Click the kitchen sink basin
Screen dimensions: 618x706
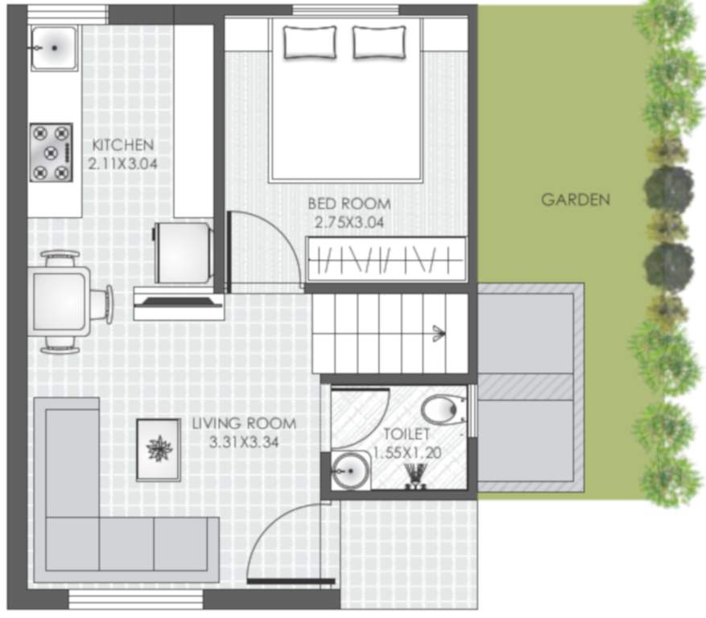[x=55, y=47]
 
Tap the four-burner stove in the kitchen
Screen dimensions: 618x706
[x=51, y=151]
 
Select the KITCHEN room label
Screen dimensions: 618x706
[x=122, y=146]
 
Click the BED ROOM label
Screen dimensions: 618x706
[x=349, y=204]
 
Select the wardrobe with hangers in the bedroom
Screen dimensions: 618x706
[x=386, y=259]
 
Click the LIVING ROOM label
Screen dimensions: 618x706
[x=244, y=423]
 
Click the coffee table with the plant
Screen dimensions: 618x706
[x=158, y=449]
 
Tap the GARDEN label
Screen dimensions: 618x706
[x=575, y=200]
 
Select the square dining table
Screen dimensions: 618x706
[x=60, y=302]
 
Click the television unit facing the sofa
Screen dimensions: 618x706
[x=178, y=303]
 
